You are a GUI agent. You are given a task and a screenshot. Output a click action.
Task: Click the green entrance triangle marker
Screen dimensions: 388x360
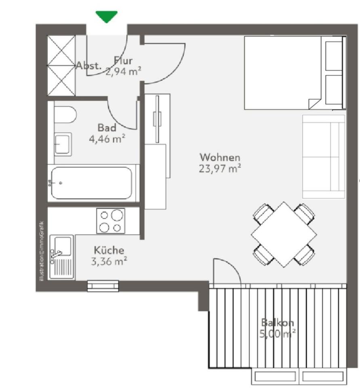[x=106, y=17]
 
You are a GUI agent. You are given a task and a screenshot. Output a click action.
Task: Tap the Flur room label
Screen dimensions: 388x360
[x=123, y=61]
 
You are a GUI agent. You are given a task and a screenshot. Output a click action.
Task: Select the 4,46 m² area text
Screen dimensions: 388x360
[x=107, y=139]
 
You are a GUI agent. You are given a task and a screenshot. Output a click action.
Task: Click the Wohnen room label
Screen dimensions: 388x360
[x=220, y=157]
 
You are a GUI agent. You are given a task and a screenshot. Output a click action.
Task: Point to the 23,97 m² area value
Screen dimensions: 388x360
[x=220, y=169]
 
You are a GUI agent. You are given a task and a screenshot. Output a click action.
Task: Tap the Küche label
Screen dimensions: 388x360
[x=109, y=250]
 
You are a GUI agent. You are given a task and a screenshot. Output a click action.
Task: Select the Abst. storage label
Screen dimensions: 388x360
[x=89, y=65]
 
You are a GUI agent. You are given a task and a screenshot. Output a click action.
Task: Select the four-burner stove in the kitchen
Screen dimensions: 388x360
[x=111, y=221]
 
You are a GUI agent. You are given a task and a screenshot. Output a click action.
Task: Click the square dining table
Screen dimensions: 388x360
[x=283, y=234]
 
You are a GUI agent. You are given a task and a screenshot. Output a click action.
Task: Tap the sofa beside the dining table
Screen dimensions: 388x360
[x=323, y=156]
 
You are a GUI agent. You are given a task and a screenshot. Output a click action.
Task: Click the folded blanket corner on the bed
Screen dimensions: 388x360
[x=314, y=103]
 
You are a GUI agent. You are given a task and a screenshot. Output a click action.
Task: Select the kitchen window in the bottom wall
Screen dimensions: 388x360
[x=103, y=286]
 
